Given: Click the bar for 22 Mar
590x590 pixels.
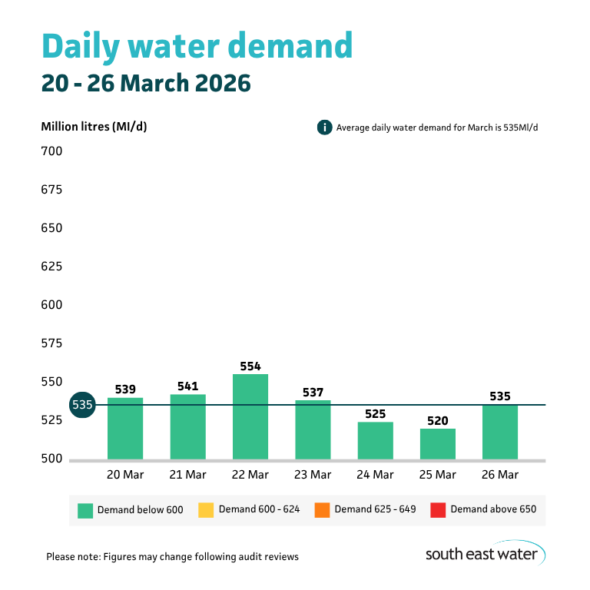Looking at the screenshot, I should pos(250,417).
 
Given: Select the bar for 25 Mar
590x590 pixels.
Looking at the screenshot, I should pos(438,444).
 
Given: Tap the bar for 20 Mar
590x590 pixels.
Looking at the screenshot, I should pos(125,429).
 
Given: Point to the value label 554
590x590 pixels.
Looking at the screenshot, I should pos(250,365).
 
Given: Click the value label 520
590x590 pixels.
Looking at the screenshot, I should pos(438,419).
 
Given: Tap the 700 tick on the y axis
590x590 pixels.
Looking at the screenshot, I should pos(51,151).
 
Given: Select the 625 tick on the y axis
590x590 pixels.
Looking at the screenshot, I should pos(51,267).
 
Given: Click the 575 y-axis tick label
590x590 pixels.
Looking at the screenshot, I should pos(51,343).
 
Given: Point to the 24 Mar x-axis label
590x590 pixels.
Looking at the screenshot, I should pos(375,475).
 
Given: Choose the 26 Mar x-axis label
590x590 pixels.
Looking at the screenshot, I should pos(500,475).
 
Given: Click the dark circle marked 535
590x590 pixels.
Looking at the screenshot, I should pos(82,405).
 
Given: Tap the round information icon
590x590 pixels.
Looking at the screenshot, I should pos(324,128).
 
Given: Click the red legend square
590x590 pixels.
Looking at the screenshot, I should pos(438,509).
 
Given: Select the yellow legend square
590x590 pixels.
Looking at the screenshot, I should pos(206,509).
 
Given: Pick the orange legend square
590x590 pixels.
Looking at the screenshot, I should pos(322,509).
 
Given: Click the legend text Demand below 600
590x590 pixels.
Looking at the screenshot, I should pos(140,509).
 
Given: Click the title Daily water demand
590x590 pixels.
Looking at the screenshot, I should pos(197,46).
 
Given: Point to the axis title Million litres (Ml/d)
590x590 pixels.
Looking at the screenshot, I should pos(94,127).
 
